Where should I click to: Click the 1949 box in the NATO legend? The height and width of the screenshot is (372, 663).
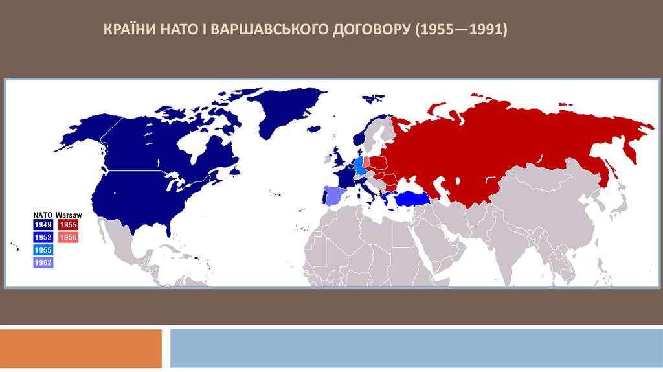pos(43,225)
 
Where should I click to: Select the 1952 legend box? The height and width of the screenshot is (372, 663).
pos(43,237)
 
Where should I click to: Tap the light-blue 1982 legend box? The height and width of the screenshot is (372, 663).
pos(43,262)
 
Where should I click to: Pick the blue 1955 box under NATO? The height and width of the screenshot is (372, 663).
pos(43,250)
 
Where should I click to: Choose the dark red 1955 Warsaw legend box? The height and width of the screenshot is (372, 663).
pos(68,225)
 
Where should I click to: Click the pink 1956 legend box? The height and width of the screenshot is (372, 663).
pos(68,237)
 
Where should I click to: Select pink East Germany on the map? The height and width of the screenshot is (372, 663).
pos(366,162)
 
